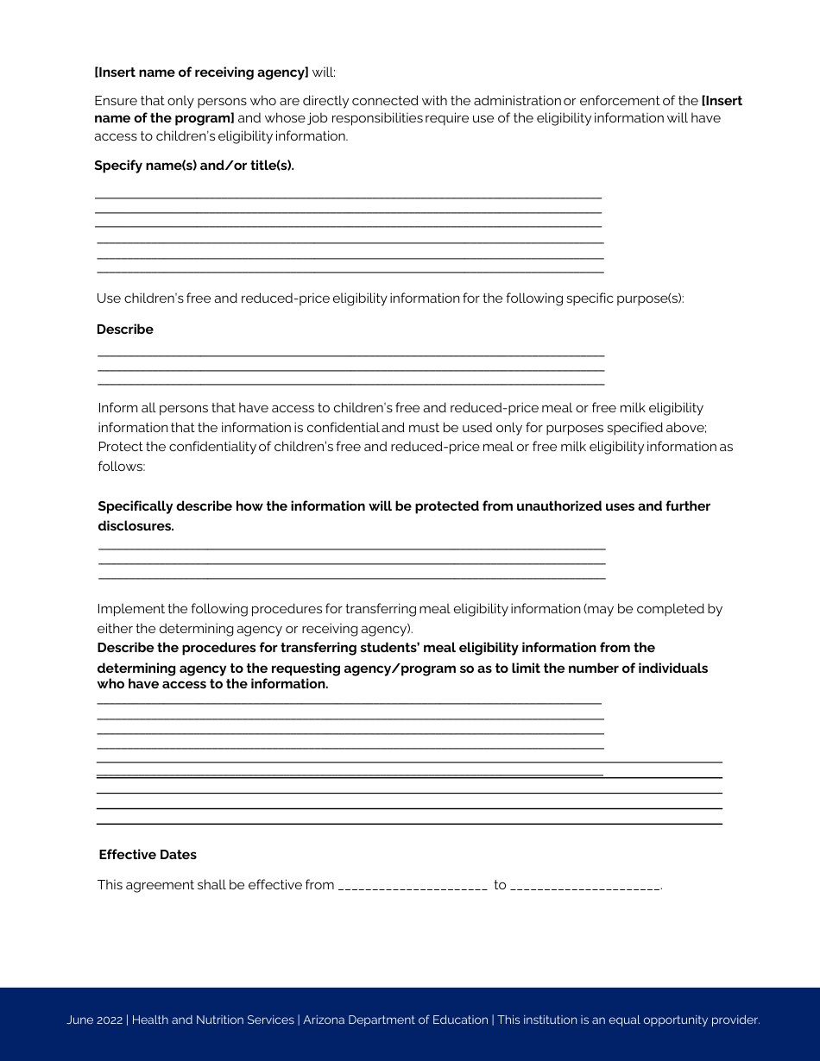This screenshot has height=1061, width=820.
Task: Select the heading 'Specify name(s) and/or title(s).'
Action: [194, 166]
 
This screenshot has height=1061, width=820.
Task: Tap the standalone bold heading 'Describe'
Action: [125, 330]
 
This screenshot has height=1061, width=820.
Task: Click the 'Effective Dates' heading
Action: [148, 855]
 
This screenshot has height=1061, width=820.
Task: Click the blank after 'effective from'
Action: [413, 886]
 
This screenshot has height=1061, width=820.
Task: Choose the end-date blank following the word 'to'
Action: [584, 886]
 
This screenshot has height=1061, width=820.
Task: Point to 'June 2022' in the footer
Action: [95, 1020]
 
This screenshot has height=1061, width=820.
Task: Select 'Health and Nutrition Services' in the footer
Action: [213, 1020]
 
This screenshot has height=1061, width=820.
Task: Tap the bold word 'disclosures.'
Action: [136, 526]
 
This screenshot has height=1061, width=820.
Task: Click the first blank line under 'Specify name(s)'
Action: [348, 198]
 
